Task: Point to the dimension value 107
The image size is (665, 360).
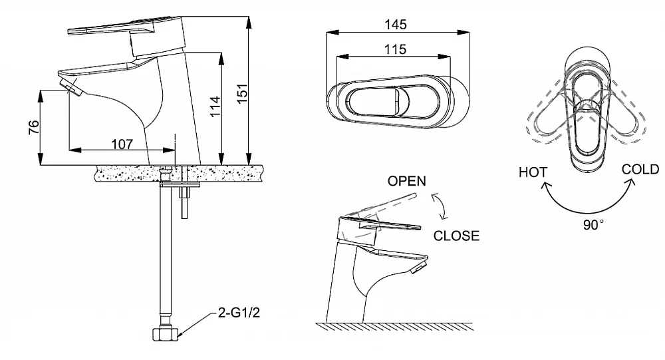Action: click(x=122, y=144)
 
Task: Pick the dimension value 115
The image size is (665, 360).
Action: click(x=395, y=50)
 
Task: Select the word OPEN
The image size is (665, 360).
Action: click(x=407, y=181)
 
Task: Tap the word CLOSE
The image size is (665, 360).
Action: click(x=456, y=236)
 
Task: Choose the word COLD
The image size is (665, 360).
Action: click(x=640, y=169)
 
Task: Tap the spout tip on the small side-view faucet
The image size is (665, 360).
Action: click(x=418, y=268)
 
